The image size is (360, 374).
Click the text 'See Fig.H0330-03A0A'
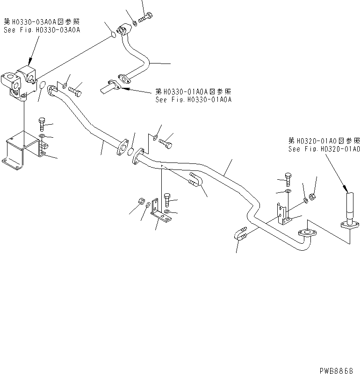[42, 29]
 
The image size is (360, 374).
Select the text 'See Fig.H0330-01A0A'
[194, 99]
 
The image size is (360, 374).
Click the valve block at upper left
[22, 82]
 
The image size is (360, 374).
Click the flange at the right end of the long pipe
[307, 233]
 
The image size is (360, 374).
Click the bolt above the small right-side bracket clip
[287, 179]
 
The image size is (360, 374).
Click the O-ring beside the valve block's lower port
[42, 86]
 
